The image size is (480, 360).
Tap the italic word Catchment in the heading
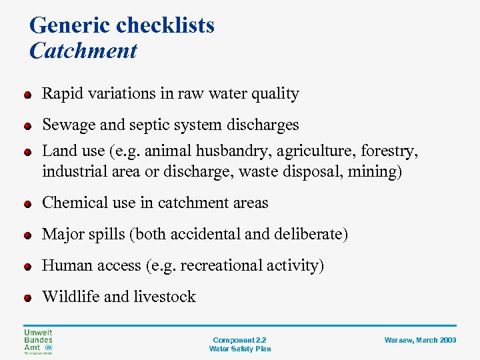pyautogui.click(x=83, y=51)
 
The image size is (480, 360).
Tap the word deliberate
pyautogui.click(x=311, y=235)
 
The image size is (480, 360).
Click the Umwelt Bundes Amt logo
pyautogui.click(x=38, y=341)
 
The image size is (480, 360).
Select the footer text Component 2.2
pyautogui.click(x=239, y=340)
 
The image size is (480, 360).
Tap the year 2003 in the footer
pyautogui.click(x=447, y=340)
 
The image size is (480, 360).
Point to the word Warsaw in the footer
pyautogui.click(x=398, y=340)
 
